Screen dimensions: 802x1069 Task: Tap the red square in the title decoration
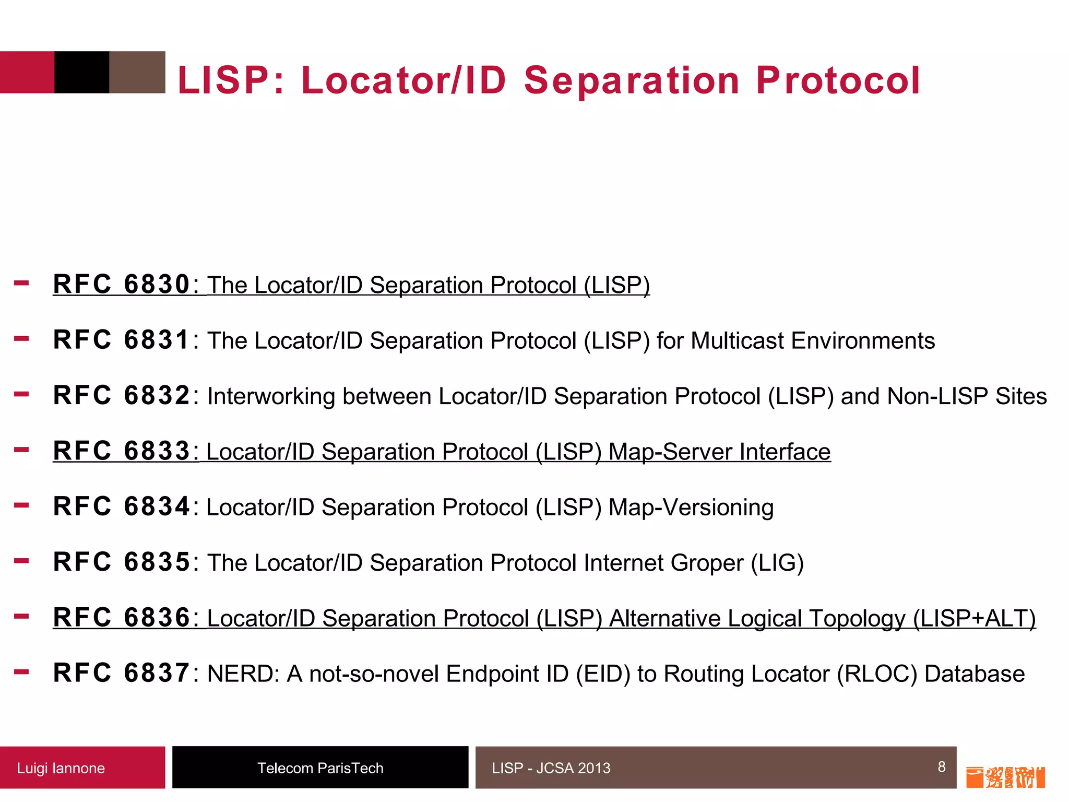27,72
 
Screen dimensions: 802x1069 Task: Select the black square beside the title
82,72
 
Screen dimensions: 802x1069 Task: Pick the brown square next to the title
137,72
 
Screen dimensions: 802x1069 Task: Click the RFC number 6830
157,285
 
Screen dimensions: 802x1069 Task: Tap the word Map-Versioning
691,508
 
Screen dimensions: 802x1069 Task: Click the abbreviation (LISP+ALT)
974,619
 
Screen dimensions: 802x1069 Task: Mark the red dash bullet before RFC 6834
21,505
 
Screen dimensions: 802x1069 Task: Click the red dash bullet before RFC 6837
21,671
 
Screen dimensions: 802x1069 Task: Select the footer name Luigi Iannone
61,768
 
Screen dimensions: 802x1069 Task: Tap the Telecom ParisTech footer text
320,768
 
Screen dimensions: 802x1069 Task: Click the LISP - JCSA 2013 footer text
551,768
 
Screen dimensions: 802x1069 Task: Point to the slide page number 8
942,766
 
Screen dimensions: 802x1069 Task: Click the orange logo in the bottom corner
1005,777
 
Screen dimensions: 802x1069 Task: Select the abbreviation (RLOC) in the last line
877,674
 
